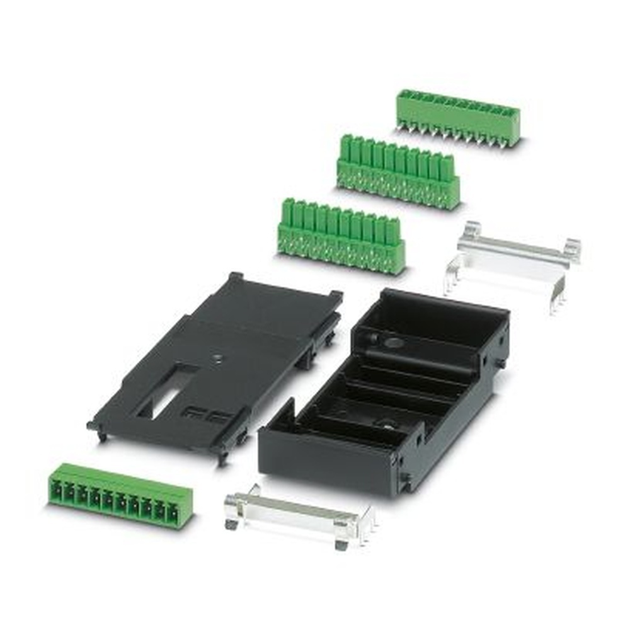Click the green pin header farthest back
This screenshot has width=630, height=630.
click(458, 117)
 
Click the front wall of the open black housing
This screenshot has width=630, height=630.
click(328, 460)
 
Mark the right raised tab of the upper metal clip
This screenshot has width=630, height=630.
click(572, 249)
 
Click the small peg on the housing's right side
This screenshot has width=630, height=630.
click(500, 364)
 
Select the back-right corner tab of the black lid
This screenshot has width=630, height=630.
click(335, 295)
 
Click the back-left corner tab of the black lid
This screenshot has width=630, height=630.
click(235, 277)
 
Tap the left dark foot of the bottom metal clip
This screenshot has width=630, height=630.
click(231, 522)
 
